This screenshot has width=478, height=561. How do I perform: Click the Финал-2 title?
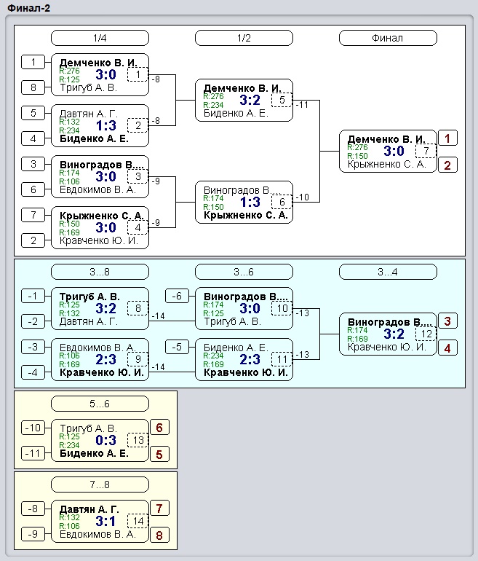(x=28, y=8)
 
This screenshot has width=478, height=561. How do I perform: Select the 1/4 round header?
(x=100, y=38)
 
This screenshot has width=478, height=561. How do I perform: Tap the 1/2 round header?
(x=244, y=38)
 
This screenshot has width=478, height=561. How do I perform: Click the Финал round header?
(x=388, y=38)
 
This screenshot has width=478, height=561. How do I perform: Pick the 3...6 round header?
(x=244, y=272)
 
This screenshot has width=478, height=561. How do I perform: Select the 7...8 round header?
(x=100, y=484)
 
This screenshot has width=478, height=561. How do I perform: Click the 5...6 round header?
(x=100, y=404)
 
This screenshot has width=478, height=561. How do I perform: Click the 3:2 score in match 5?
(x=250, y=101)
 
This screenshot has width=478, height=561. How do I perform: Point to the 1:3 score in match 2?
(x=106, y=125)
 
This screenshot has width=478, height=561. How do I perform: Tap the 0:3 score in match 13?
(x=106, y=441)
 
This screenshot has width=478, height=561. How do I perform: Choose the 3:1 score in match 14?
(x=105, y=521)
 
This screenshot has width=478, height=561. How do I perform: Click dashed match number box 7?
(x=426, y=151)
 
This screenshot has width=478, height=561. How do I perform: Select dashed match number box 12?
(x=426, y=334)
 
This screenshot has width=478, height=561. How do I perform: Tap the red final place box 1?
(x=447, y=138)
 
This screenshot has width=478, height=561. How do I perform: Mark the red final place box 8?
(x=159, y=535)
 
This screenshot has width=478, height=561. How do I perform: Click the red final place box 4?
(x=447, y=348)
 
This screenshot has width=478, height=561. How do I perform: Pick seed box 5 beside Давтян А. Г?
(x=33, y=113)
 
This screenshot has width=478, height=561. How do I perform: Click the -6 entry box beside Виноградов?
(x=178, y=296)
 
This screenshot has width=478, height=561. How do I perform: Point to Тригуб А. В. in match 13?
(x=88, y=428)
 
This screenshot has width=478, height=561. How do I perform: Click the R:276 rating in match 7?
(x=357, y=147)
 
